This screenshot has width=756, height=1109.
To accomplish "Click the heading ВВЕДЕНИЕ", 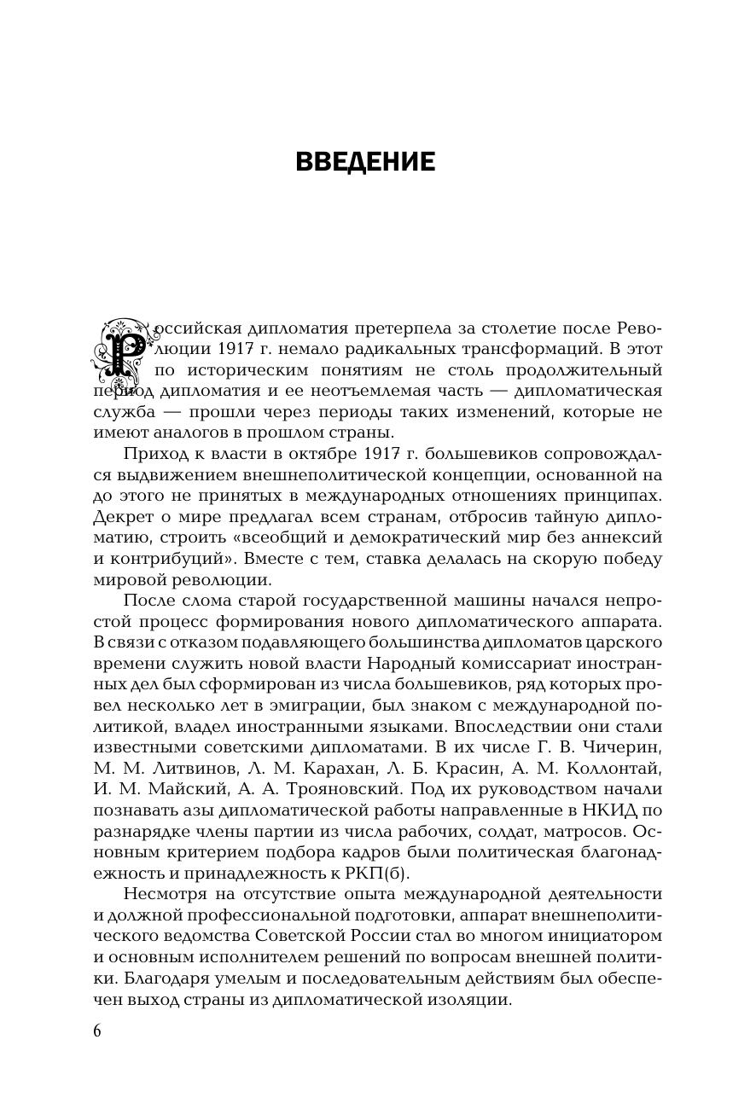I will [365, 162].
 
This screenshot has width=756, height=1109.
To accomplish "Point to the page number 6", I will [97, 1031].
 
